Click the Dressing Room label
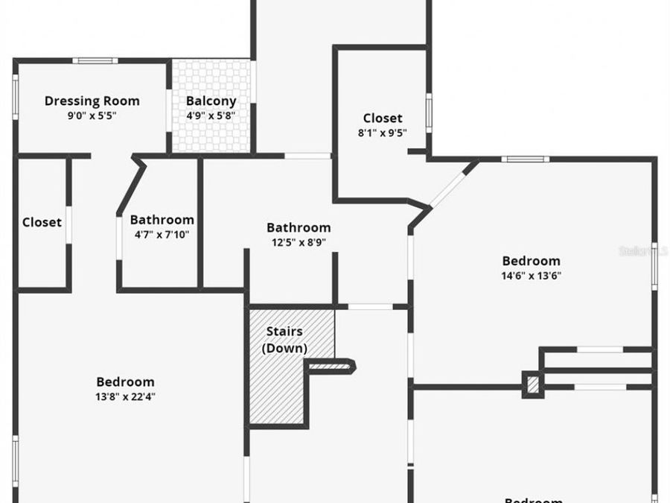pos(92,101)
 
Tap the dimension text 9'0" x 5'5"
pos(92,116)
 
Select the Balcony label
pos(211,101)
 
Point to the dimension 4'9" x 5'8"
pos(211,116)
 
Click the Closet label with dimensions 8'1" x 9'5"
pos(383,118)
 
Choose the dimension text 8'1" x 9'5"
pos(383,133)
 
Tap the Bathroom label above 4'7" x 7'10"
pos(162,220)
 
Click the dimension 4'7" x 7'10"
pos(162,235)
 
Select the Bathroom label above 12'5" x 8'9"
pos(299,227)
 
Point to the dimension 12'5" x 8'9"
pos(299,242)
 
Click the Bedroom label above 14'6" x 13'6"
pos(531,261)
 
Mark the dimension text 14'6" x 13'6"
pos(531,276)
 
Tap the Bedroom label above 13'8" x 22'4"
pos(125,382)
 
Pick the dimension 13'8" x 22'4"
pos(125,396)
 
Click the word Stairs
pos(284,332)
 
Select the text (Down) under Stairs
pos(284,348)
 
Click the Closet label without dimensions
pos(42,222)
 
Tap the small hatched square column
pos(532,385)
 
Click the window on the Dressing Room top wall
pos(95,61)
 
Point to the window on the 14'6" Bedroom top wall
pos(525,159)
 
